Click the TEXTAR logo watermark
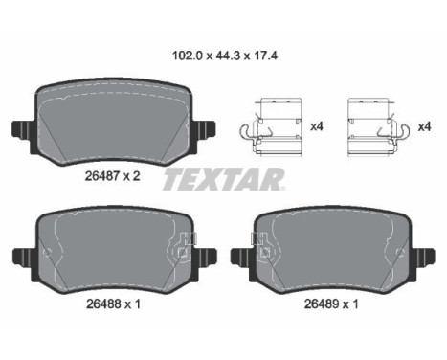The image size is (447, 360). tap(224, 180)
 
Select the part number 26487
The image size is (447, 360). tap(102, 175)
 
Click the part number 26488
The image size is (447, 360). tap(103, 304)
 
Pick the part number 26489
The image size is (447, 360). tap(322, 304)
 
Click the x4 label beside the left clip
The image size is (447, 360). tap(317, 126)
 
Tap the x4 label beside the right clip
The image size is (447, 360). tap(424, 127)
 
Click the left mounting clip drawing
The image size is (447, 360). tap(271, 127)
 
